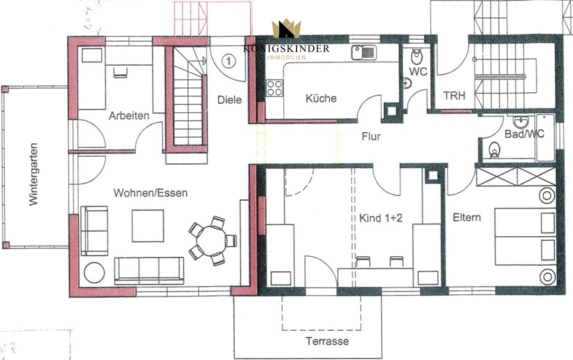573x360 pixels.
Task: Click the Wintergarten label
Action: [x=34, y=174]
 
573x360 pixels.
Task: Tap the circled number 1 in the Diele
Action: [x=229, y=61]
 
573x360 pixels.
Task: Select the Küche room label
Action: [x=321, y=98]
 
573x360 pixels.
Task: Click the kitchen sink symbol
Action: [x=364, y=52]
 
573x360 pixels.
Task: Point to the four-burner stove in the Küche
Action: [x=274, y=88]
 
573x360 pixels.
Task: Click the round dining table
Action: [x=211, y=241]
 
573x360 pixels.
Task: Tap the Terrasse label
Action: [x=327, y=341]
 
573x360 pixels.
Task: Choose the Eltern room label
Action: [x=467, y=217]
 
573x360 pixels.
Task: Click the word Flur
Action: [x=371, y=136]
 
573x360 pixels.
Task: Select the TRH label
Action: [x=455, y=96]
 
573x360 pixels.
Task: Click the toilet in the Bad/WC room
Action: [x=495, y=150]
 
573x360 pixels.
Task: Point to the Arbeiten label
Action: [x=129, y=116]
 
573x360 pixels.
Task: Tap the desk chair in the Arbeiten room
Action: [x=121, y=72]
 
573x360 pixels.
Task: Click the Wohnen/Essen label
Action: [x=150, y=192]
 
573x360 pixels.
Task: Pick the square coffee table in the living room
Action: [x=148, y=226]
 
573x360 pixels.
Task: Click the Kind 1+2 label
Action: [x=381, y=218]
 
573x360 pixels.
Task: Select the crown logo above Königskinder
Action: [x=286, y=29]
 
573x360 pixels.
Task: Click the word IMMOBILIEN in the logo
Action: [x=287, y=57]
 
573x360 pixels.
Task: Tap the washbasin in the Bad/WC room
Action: [x=519, y=122]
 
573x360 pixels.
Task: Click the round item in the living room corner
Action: [x=94, y=272]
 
